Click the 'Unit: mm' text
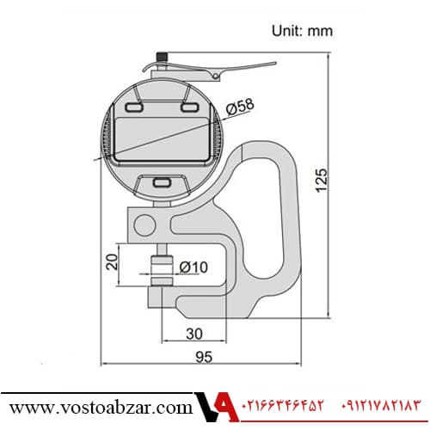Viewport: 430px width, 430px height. [x=302, y=31]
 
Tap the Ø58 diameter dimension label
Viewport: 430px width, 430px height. [x=240, y=107]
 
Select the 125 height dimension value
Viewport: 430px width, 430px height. [x=322, y=181]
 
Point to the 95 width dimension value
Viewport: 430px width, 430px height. [x=204, y=357]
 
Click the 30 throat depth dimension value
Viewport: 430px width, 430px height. [x=194, y=334]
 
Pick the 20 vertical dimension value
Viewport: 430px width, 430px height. [x=112, y=261]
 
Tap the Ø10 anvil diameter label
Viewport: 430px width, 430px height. [x=193, y=267]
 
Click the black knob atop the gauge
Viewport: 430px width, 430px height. [x=162, y=57]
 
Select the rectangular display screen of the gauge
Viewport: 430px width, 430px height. [x=162, y=139]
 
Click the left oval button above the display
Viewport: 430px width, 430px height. [x=134, y=107]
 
